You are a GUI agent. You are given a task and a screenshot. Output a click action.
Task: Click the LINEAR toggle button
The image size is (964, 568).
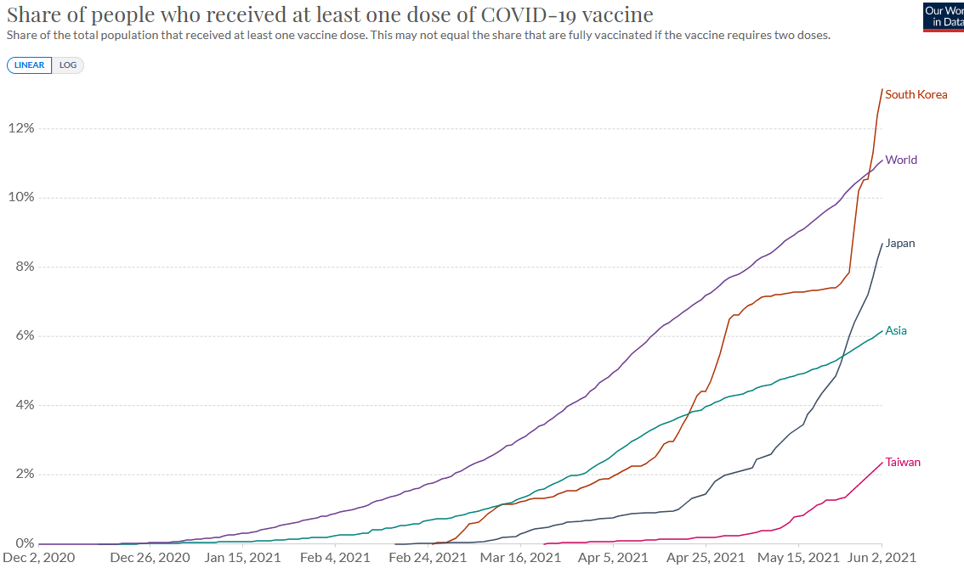pyautogui.click(x=30, y=65)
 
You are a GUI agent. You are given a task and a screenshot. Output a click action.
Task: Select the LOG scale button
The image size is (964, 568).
pyautogui.click(x=68, y=65)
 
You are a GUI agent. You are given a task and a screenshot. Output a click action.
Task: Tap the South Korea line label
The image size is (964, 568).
pyautogui.click(x=916, y=94)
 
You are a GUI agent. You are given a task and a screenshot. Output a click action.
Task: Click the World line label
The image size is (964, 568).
pyautogui.click(x=901, y=160)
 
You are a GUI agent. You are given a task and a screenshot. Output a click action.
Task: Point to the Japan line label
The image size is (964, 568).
pyautogui.click(x=900, y=244)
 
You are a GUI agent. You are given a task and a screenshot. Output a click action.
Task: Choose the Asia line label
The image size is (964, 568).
pyautogui.click(x=896, y=330)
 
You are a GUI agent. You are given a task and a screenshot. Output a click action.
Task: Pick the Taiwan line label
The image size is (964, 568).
pyautogui.click(x=903, y=463)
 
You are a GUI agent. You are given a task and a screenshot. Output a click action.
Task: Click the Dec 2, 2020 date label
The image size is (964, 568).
pyautogui.click(x=39, y=558)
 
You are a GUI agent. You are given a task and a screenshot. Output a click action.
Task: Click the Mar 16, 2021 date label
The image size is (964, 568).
pyautogui.click(x=521, y=558)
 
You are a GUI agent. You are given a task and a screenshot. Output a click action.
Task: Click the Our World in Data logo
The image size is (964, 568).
pyautogui.click(x=943, y=16)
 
